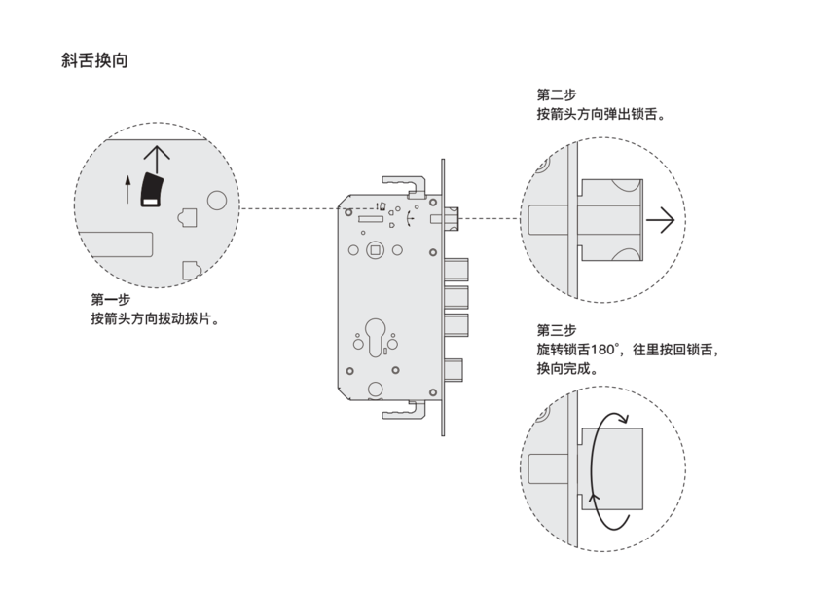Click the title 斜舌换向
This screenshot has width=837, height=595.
[94, 60]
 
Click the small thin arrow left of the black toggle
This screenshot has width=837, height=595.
[127, 188]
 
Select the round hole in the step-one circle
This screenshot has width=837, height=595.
[217, 202]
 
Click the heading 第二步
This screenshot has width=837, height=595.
[556, 94]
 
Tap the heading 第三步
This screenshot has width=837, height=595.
[556, 329]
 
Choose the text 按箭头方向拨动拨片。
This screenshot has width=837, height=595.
[153, 318]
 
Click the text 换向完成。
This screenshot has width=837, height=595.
[566, 369]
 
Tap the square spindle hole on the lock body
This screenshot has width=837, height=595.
[374, 251]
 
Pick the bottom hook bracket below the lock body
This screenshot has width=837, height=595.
[405, 413]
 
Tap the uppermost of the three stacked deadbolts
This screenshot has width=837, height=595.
[457, 268]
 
